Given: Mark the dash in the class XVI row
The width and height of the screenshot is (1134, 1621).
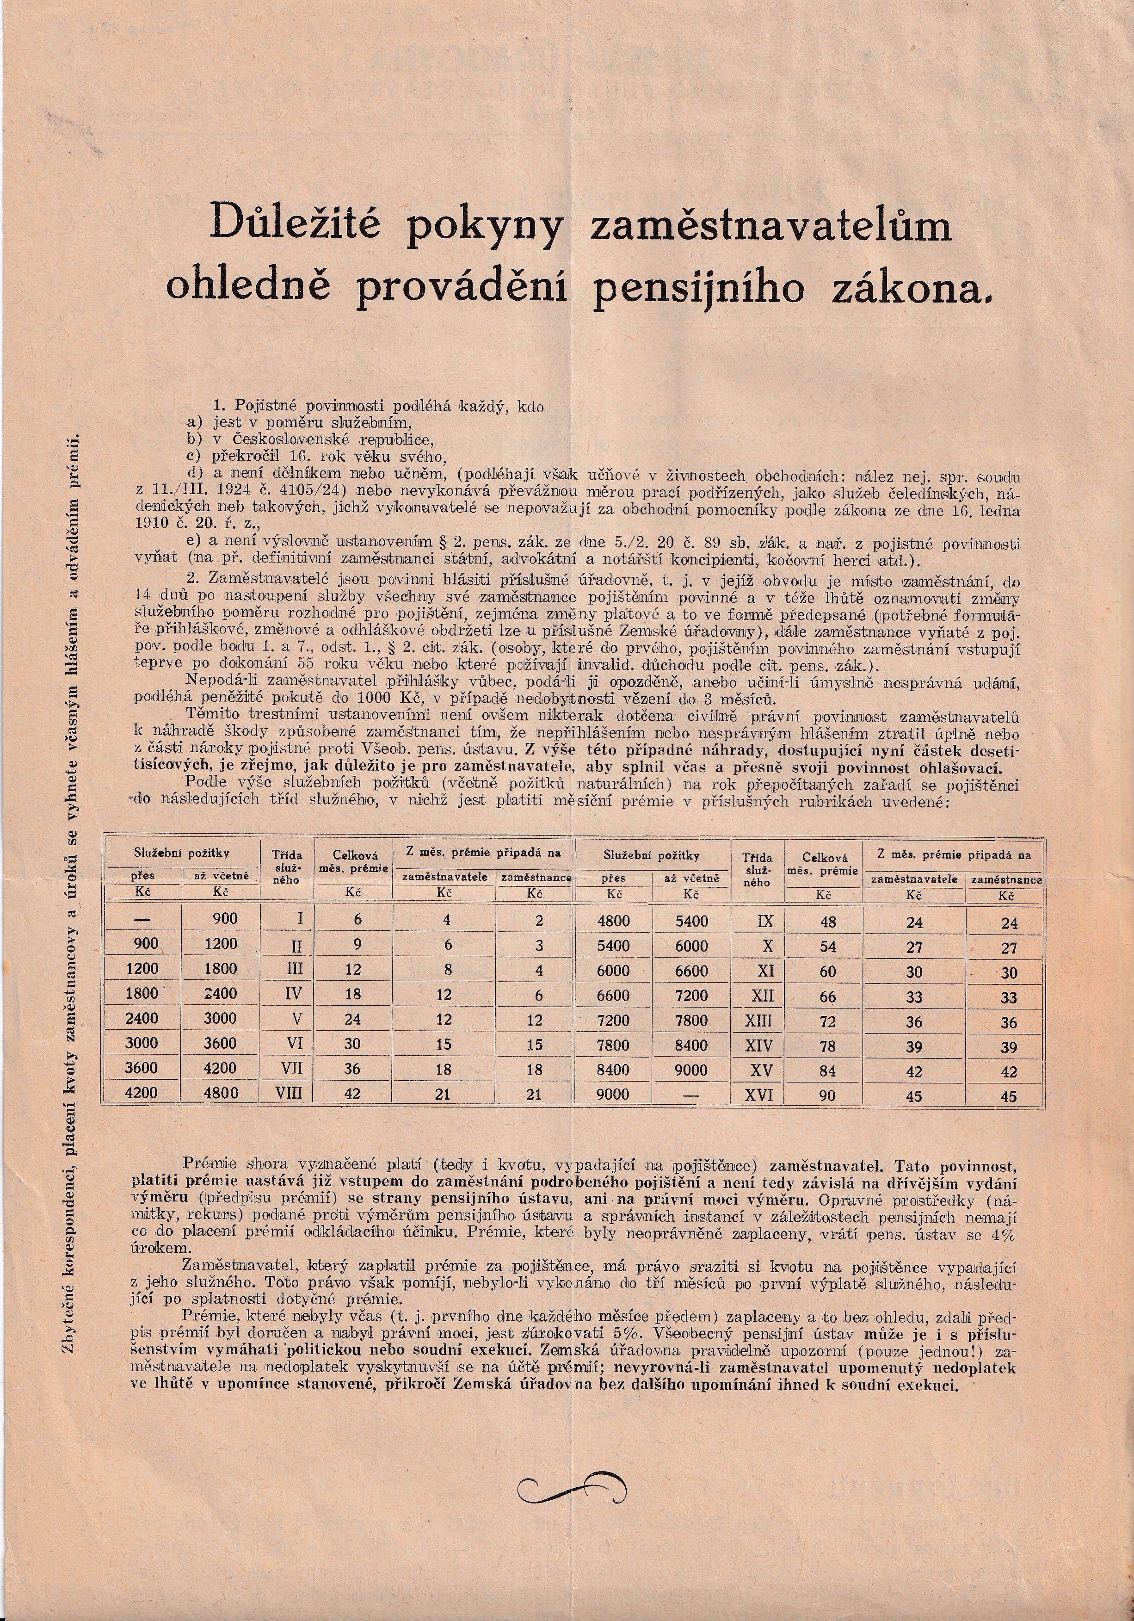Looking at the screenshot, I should coord(691,1095).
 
